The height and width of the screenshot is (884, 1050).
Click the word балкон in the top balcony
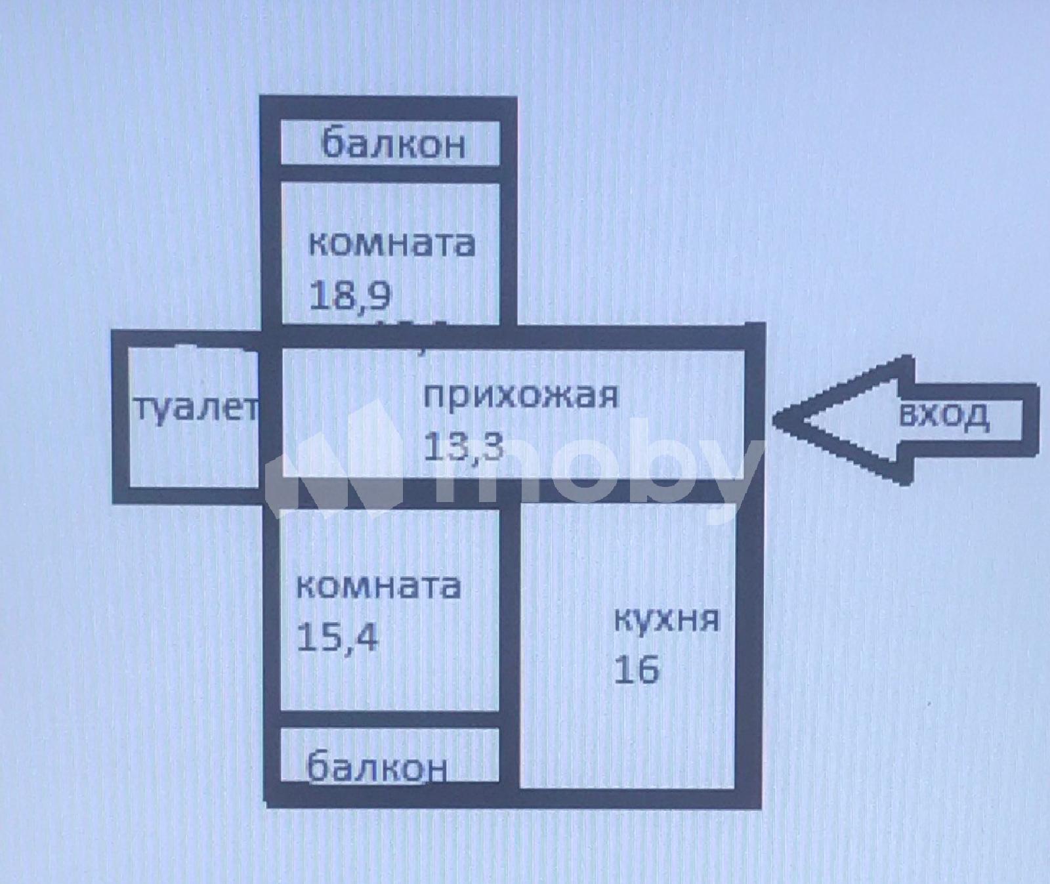click(394, 143)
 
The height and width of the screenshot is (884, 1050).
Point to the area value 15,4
click(337, 637)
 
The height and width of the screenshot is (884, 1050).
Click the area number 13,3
click(463, 446)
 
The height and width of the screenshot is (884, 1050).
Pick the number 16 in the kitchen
click(637, 669)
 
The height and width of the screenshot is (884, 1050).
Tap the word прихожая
click(521, 396)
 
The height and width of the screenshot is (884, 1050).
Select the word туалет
click(197, 409)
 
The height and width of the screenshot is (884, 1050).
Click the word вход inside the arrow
click(943, 415)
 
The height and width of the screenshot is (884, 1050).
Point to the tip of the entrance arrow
click(775, 421)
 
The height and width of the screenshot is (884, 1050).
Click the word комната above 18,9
click(392, 243)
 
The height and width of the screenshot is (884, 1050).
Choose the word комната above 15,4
click(379, 585)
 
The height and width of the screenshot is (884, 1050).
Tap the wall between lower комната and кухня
click(510, 646)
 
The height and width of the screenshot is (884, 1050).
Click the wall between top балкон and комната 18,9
click(390, 174)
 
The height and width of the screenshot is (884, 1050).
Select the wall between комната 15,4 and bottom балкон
click(390, 719)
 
